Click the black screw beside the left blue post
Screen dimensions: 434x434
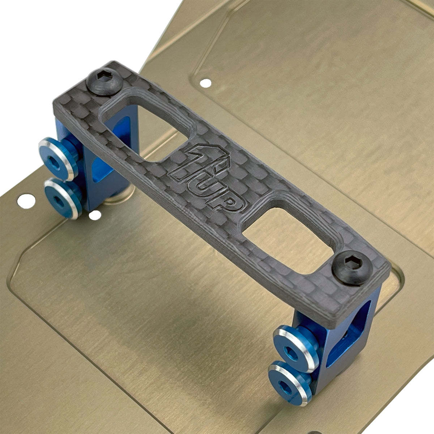(x=104, y=82)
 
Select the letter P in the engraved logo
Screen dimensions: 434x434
(x=228, y=202)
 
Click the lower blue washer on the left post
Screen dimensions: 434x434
(x=62, y=198)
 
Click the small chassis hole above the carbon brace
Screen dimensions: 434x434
(x=206, y=83)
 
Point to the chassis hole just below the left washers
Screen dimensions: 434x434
(x=95, y=216)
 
